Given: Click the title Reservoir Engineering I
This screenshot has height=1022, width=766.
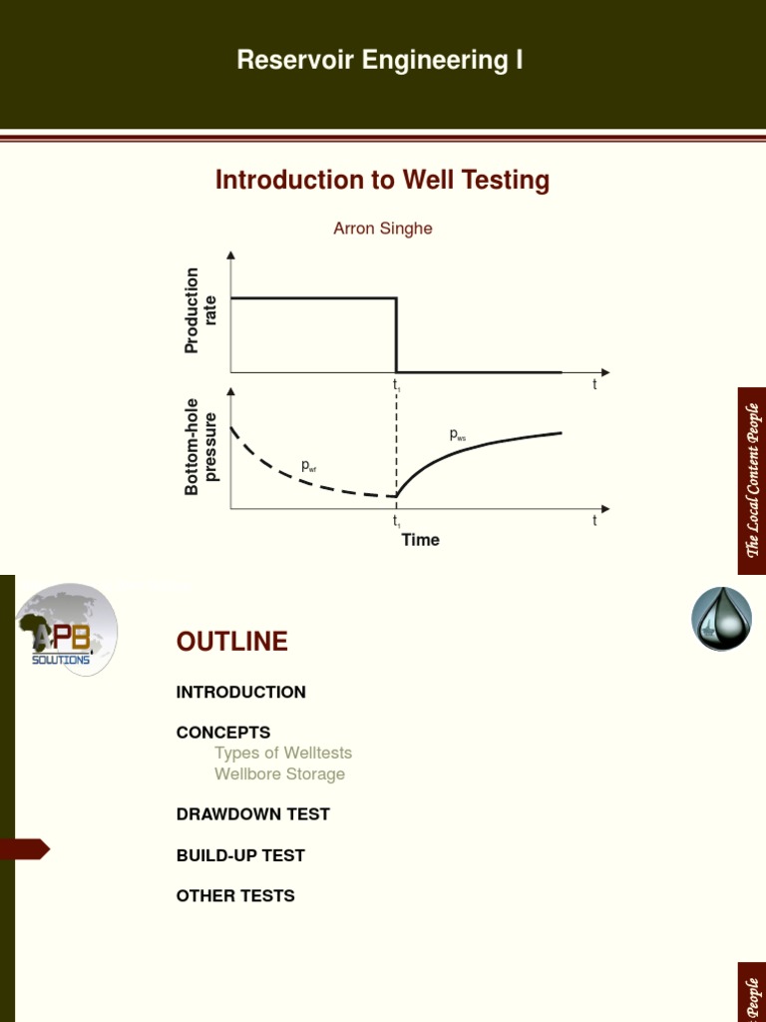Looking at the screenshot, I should (380, 61).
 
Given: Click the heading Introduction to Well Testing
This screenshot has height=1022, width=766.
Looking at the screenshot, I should (382, 181).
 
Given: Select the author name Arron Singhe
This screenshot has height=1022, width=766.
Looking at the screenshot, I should (383, 229).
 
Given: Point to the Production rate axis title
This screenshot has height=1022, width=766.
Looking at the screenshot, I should (200, 309).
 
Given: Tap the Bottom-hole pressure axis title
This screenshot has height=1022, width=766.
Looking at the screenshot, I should (200, 446).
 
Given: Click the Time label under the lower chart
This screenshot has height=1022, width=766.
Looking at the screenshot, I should (420, 540).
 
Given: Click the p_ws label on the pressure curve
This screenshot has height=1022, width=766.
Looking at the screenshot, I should (457, 435).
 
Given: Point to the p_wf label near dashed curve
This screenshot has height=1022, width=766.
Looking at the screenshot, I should (309, 466).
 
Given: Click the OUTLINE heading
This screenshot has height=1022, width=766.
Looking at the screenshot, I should (231, 642).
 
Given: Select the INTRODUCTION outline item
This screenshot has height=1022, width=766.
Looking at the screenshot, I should (240, 692).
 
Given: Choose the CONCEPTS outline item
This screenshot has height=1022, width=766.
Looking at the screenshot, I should (222, 733).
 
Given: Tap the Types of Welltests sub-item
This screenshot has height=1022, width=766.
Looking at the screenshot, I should (283, 753).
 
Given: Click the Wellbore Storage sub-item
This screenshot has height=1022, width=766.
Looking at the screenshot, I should (279, 773).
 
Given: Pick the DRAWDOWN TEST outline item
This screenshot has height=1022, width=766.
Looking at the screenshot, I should (252, 814).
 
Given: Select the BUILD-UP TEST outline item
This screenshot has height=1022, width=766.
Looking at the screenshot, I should (240, 855).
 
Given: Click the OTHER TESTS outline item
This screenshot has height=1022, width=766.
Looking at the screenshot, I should (235, 896).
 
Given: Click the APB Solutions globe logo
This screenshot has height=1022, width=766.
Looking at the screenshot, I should (66, 631).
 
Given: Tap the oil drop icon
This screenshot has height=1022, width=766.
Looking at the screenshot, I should (721, 619).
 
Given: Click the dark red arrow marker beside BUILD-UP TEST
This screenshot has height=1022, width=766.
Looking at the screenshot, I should (24, 849).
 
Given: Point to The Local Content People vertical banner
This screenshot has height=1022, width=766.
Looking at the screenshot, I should (752, 480).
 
